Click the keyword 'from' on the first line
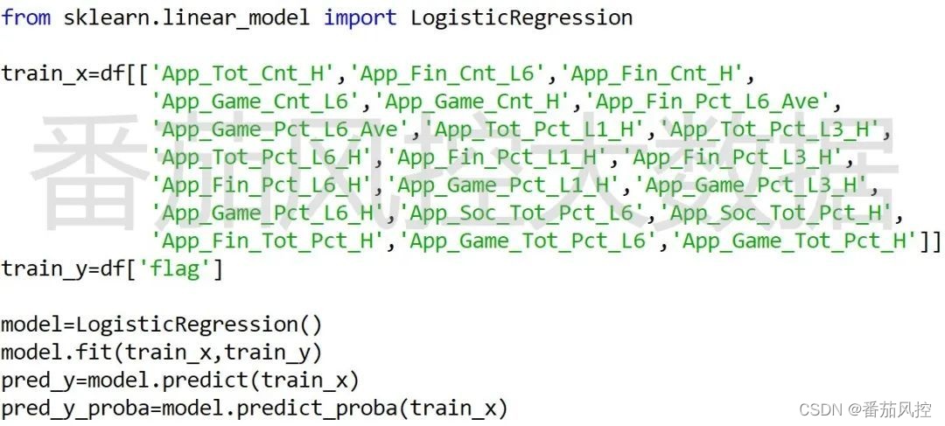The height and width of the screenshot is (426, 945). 25,17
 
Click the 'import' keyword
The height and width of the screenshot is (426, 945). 360,17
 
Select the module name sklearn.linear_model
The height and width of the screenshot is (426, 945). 186,17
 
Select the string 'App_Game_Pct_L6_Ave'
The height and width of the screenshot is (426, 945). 280,129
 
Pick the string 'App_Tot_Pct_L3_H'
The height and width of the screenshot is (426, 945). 769,129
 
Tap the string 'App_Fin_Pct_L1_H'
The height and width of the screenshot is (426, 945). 497,157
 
